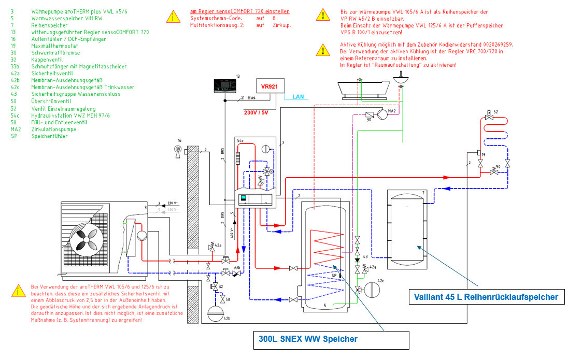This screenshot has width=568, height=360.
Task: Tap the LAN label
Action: (x=299, y=96)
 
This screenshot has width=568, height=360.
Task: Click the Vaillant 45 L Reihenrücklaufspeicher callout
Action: (x=486, y=297)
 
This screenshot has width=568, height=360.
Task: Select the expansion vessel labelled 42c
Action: (x=373, y=289)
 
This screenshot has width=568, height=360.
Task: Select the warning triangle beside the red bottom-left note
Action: (x=19, y=291)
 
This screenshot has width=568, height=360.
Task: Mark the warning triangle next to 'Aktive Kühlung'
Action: (x=322, y=50)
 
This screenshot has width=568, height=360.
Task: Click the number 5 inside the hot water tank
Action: (x=325, y=306)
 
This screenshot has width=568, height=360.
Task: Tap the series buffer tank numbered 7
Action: (x=407, y=225)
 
